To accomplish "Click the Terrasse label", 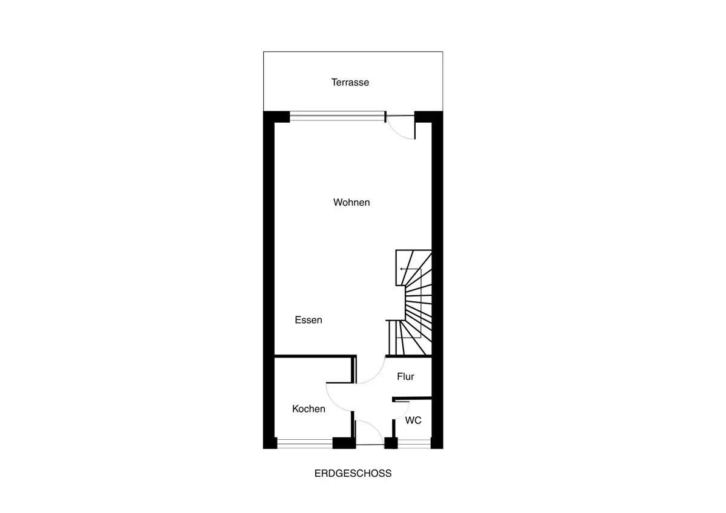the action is point(350,82).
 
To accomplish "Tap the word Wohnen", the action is point(352,202).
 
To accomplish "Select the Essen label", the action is point(309,320).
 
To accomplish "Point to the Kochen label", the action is point(309,409).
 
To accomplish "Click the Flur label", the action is point(405,376).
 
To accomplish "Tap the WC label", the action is point(413,420).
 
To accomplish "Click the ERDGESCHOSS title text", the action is point(353,473).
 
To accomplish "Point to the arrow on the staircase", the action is point(411,269).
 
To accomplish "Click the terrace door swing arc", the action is point(396,132).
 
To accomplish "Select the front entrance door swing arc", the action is point(375,428).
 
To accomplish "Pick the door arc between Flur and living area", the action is point(376,376).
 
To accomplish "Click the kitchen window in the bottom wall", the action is point(305,443).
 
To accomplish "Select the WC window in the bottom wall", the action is point(414,443).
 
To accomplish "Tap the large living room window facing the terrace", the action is point(338,116).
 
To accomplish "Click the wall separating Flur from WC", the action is point(412,398).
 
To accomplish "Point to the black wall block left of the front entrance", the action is point(344,443).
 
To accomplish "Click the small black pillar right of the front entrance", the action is point(391,443).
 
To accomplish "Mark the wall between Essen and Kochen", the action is point(315,356).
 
